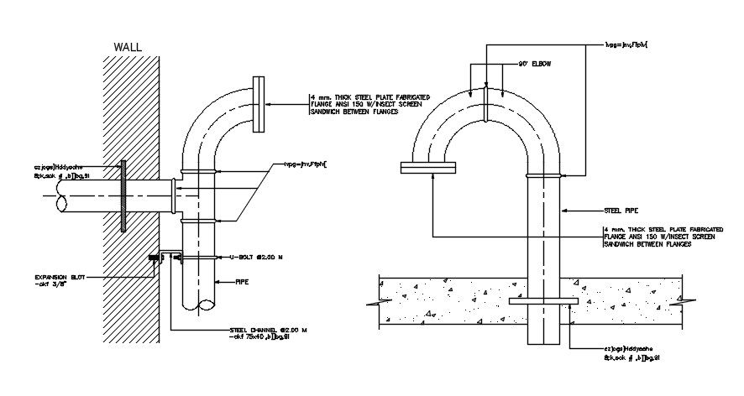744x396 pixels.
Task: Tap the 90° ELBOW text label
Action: coord(535,64)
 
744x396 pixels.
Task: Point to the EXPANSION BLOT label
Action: coord(60,277)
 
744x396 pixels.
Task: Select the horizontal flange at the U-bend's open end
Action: coord(427,169)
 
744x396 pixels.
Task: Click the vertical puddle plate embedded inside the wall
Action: coord(123,195)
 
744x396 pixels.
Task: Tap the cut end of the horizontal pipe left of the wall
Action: coord(60,203)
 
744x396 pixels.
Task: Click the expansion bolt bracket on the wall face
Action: coord(155,258)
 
